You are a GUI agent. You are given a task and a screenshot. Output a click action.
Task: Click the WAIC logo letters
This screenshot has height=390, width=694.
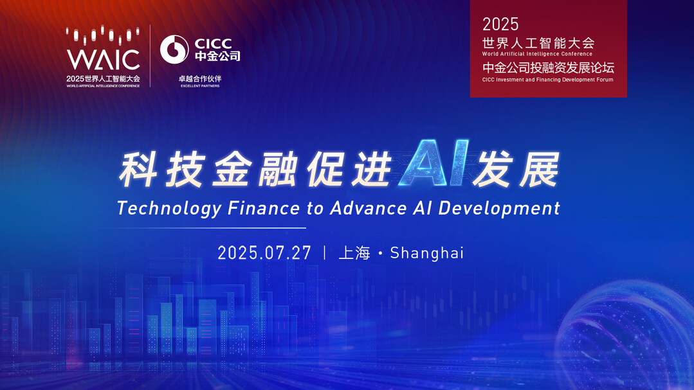click(103, 60)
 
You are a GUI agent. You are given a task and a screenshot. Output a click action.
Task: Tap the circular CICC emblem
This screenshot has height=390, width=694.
click(174, 49)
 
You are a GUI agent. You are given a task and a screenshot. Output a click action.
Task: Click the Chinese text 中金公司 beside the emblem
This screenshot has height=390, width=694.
click(218, 56)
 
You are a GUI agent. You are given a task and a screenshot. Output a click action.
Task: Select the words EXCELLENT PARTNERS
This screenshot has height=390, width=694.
click(200, 86)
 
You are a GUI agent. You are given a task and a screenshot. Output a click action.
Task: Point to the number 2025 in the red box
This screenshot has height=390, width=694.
click(500, 24)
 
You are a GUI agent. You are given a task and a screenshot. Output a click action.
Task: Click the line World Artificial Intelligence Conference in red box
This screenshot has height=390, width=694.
click(537, 54)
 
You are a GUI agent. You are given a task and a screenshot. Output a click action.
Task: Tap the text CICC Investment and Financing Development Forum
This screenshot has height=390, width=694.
click(548, 80)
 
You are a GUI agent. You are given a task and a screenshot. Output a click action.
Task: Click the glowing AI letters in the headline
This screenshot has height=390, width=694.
click(434, 163)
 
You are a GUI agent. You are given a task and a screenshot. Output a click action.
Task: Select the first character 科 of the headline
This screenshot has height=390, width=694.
click(138, 170)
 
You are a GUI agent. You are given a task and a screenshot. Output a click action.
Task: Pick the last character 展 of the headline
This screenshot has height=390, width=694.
click(540, 170)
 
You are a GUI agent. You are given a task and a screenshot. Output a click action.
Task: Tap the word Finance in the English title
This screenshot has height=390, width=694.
click(264, 208)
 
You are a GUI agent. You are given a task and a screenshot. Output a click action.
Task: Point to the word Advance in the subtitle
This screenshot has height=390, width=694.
click(369, 208)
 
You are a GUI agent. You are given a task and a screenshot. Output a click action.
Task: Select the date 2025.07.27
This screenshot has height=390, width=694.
click(264, 253)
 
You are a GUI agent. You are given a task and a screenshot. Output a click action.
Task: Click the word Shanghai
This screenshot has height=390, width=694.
click(426, 253)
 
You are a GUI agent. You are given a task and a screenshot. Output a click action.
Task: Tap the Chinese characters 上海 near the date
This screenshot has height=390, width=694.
click(354, 253)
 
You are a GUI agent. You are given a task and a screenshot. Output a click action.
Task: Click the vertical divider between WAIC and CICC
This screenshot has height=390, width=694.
click(150, 56)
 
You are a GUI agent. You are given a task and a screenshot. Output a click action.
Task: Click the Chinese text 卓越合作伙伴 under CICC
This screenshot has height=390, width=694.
click(200, 79)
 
